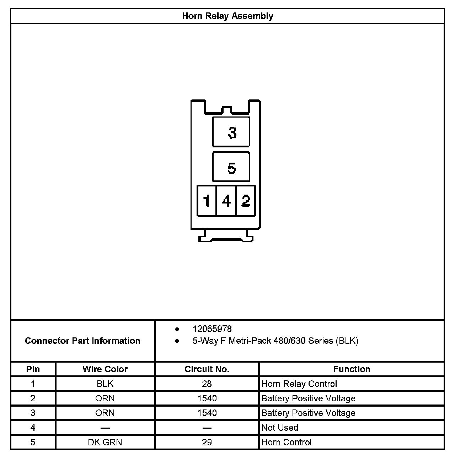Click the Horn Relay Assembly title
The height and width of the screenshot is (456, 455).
pyautogui.click(x=227, y=16)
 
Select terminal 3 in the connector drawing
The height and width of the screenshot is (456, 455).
pyautogui.click(x=231, y=132)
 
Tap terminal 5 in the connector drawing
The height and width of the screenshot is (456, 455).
pyautogui.click(x=231, y=167)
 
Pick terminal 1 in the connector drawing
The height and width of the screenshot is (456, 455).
pyautogui.click(x=207, y=201)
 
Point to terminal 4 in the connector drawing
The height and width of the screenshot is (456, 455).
pyautogui.click(x=226, y=201)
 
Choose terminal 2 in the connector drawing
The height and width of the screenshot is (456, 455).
pyautogui.click(x=246, y=201)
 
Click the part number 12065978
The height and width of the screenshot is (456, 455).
pyautogui.click(x=212, y=329)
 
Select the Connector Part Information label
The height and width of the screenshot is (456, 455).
pyautogui.click(x=82, y=341)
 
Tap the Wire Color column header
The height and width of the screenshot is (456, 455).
pyautogui.click(x=105, y=369)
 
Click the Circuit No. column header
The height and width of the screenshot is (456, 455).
pyautogui.click(x=207, y=369)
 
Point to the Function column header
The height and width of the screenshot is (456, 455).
pyautogui.click(x=352, y=369)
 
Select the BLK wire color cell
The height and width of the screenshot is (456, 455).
pyautogui.click(x=105, y=384)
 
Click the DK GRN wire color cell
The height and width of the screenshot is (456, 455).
pyautogui.click(x=105, y=443)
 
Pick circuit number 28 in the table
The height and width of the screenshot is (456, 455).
pyautogui.click(x=207, y=384)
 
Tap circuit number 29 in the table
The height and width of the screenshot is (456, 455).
pyautogui.click(x=207, y=443)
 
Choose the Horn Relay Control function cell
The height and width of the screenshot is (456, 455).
pyautogui.click(x=299, y=384)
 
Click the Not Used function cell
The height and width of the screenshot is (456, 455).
pyautogui.click(x=280, y=428)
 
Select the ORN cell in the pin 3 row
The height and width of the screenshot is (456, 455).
pyautogui.click(x=105, y=413)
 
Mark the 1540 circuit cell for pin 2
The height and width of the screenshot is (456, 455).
pyautogui.click(x=207, y=398)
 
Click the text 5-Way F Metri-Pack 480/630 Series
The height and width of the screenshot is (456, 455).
pyautogui.click(x=263, y=341)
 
